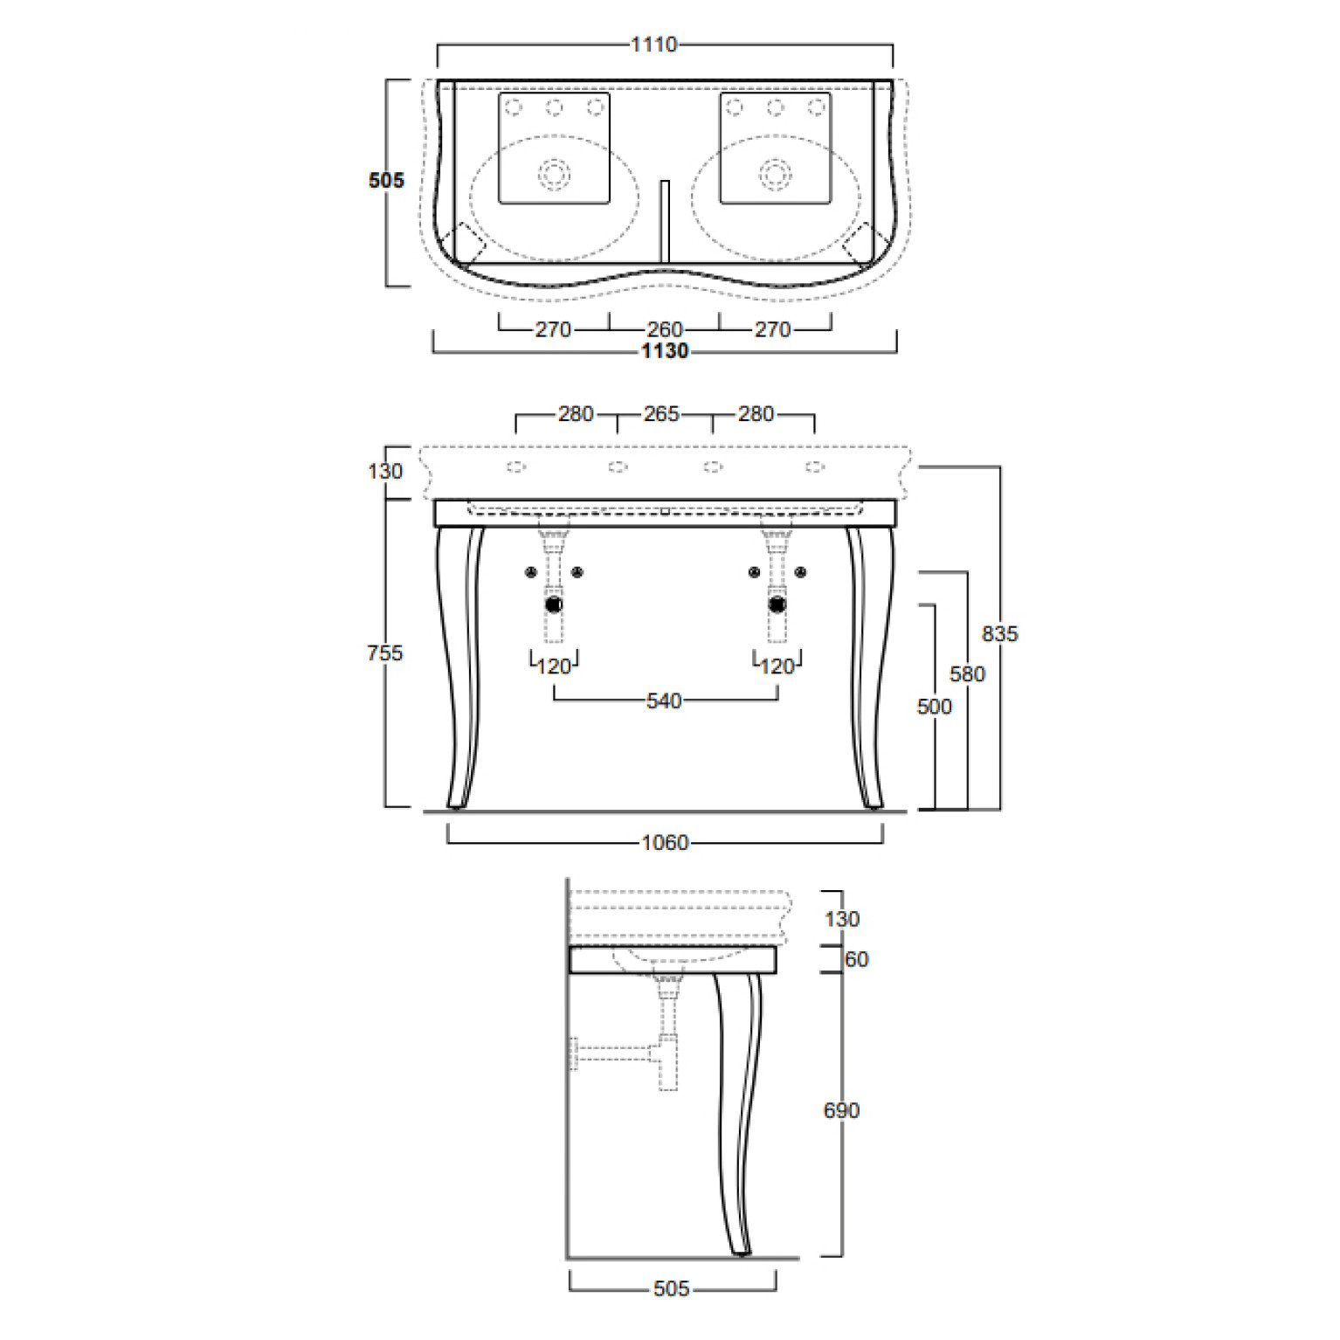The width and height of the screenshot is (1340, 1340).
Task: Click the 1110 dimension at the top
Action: point(653,45)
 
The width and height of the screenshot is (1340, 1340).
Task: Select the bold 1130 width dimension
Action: point(665,351)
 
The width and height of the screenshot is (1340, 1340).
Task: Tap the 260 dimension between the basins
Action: point(665,329)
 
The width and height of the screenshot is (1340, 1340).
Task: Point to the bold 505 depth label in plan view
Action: point(386,181)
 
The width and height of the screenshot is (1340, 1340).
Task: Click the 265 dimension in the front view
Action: point(661,414)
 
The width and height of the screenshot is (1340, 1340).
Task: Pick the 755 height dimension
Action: point(385,653)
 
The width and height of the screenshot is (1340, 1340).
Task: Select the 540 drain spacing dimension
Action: point(664,701)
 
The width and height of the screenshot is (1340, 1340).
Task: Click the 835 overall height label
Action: point(1000,634)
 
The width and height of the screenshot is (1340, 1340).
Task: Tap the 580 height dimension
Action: point(967,674)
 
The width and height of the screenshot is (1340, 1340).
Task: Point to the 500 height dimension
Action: point(935,707)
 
